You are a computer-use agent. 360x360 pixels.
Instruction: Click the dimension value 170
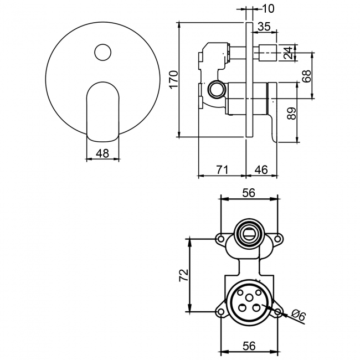coord(172,80)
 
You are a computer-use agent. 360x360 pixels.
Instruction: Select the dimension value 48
coord(102,153)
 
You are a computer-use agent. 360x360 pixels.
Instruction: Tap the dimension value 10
coord(268,8)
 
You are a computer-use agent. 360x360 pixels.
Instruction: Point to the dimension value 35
coord(264,27)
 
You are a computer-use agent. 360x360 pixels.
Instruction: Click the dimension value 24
coord(286,54)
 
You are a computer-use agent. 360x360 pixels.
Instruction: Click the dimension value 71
coord(222,169)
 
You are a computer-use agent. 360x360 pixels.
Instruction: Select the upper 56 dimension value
coord(249,192)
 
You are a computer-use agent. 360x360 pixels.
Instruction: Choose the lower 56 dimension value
coord(249,346)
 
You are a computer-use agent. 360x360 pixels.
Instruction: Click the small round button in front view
coord(102,53)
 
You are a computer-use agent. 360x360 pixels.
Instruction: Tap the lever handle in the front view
coord(102,111)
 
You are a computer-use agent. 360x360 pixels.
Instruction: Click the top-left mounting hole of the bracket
coord(220,240)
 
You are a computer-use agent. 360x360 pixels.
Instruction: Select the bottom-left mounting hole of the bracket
coord(221,312)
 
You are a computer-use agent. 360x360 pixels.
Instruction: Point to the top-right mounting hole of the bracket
coord(277,240)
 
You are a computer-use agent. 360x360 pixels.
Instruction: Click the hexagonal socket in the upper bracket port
coord(249,232)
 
